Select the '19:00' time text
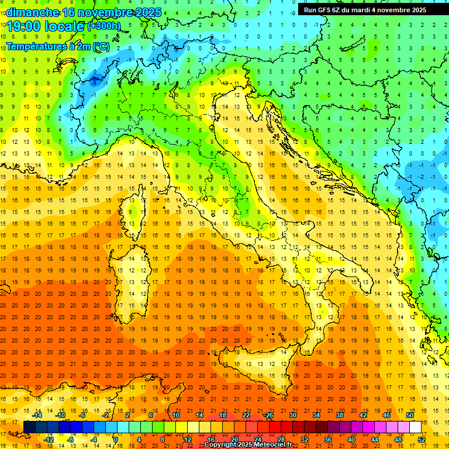[x=24, y=26]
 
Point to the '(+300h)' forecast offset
[x=105, y=26]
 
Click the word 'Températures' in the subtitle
[x=36, y=46]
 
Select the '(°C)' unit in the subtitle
[x=101, y=46]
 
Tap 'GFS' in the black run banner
[x=323, y=10]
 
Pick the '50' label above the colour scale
[x=409, y=415]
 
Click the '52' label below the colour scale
[x=422, y=440]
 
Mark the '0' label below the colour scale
[x=116, y=440]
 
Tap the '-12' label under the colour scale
[x=49, y=440]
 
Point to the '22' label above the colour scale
[x=246, y=415]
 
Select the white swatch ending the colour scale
[x=415, y=427]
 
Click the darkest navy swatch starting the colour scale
[x=29, y=427]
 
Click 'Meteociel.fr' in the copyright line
[x=273, y=445]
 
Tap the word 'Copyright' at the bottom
[x=222, y=445]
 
